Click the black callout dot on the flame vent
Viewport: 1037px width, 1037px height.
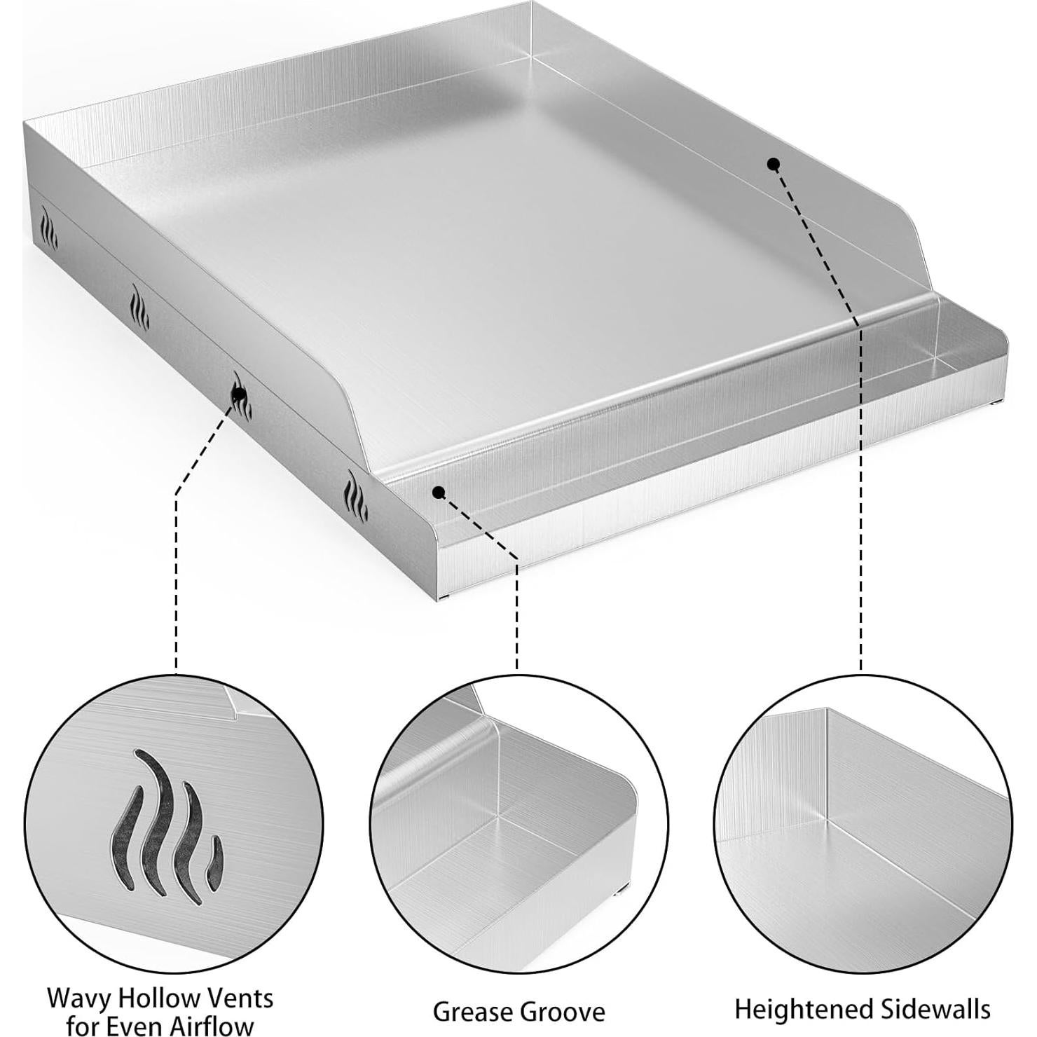[238, 395]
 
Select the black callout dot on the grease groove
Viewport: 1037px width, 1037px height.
[439, 493]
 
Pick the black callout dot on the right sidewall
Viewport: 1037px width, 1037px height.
[774, 164]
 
